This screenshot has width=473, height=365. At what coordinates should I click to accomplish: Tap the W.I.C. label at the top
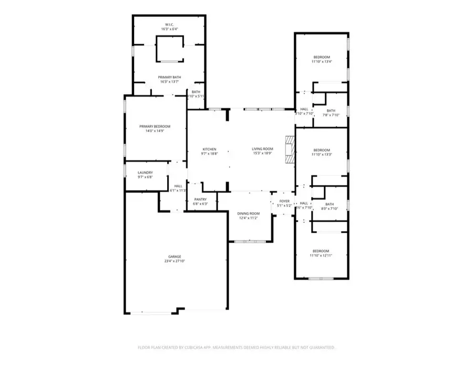(169, 25)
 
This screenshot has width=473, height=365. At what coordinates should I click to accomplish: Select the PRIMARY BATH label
(169, 77)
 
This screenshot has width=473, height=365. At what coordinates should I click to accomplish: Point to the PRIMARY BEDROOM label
(155, 127)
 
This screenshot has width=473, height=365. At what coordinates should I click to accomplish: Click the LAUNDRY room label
(145, 173)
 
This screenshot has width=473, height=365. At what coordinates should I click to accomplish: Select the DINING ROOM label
(249, 213)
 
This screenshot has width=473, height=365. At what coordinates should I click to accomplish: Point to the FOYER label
(284, 201)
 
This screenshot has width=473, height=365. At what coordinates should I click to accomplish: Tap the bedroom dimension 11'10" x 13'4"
(322, 62)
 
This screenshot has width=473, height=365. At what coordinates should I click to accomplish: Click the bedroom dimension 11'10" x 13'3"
(322, 154)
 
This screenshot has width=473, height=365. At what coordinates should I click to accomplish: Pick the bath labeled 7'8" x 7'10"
(331, 115)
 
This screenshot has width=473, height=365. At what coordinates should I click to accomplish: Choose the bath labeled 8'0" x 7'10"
(330, 209)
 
